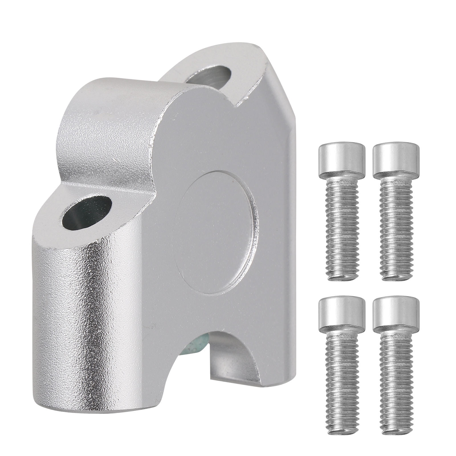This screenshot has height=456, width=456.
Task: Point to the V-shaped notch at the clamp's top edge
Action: tap(238, 104)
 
